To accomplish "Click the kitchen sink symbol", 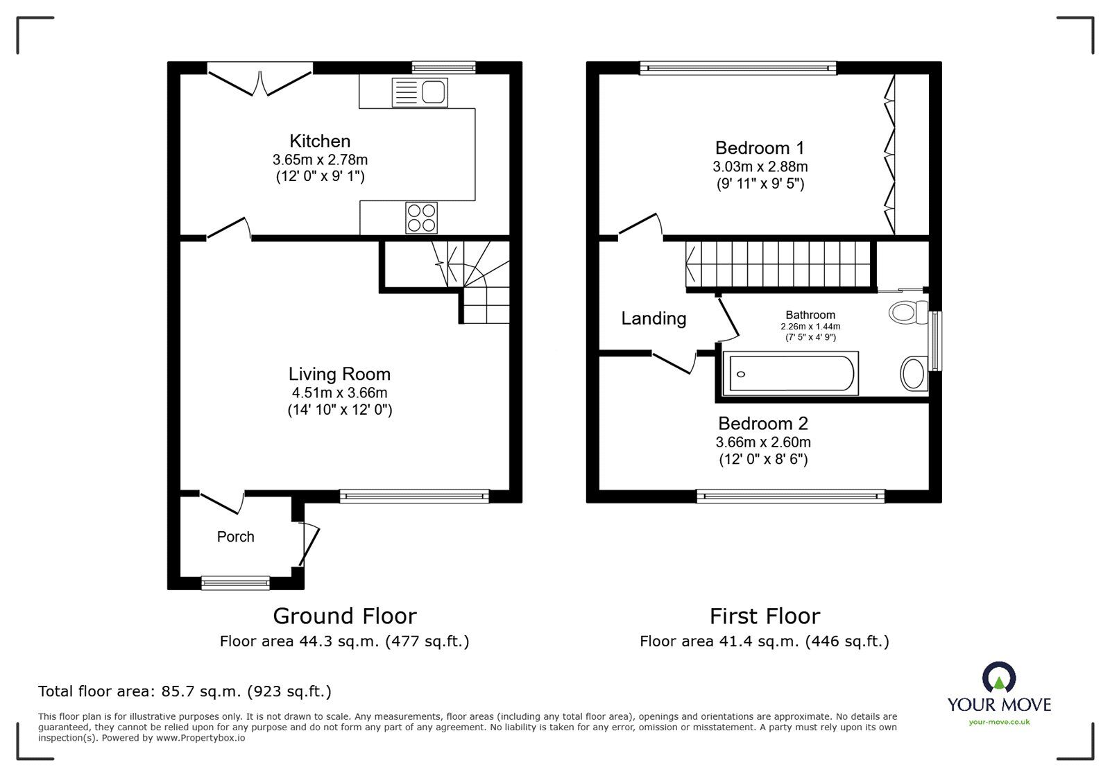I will pyautogui.click(x=420, y=92).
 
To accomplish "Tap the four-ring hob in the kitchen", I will pyautogui.click(x=422, y=217).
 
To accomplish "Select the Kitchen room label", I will pyautogui.click(x=320, y=141).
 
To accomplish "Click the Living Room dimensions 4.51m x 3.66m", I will pyautogui.click(x=339, y=393).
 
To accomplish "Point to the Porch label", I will pyautogui.click(x=236, y=537).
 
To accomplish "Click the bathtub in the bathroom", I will pyautogui.click(x=789, y=374).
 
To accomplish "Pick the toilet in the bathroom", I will pyautogui.click(x=908, y=311).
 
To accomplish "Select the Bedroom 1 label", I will pyautogui.click(x=760, y=148).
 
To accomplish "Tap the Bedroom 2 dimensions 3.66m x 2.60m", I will pyautogui.click(x=763, y=442).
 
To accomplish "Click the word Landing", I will pyautogui.click(x=654, y=318).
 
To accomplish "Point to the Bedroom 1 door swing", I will pyautogui.click(x=641, y=227).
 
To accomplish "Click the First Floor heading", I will pyautogui.click(x=765, y=616).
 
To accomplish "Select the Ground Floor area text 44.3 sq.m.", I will pyautogui.click(x=344, y=641).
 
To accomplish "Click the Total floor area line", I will pyautogui.click(x=185, y=691).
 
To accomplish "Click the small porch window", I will pyautogui.click(x=235, y=583).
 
